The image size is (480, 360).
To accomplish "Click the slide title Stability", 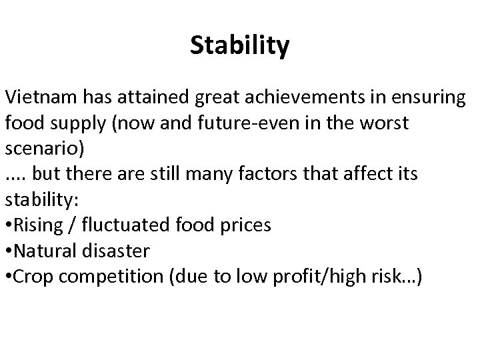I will [239, 46].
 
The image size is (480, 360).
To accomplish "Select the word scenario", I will [38, 148].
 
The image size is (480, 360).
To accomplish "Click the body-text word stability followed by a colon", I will [38, 199].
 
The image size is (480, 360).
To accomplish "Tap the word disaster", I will [119, 251].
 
